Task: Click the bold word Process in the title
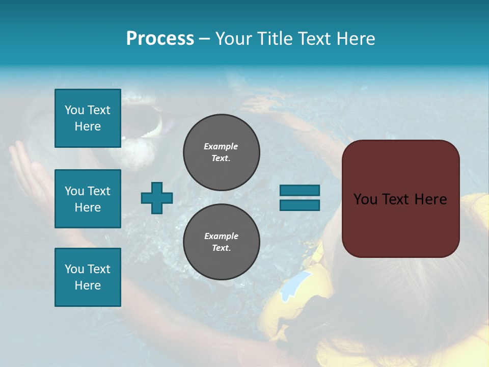point(160,39)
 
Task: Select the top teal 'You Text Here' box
point(88,118)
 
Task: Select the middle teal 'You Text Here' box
point(88,199)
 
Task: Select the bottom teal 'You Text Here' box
point(88,277)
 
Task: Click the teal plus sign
point(157,198)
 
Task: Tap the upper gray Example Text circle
point(221,152)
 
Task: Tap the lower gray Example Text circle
point(221,242)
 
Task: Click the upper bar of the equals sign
point(300,191)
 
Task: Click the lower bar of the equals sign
point(300,205)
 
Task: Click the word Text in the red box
point(397,199)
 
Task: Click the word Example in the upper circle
point(221,146)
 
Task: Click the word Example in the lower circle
point(221,236)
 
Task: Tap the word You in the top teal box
point(74,110)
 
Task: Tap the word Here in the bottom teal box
point(88,285)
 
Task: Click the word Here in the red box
point(430,199)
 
